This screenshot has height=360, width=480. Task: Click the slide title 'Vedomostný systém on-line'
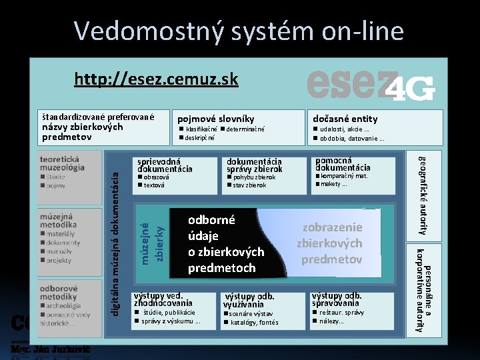coord(239,31)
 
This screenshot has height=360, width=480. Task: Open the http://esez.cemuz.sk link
coord(156,80)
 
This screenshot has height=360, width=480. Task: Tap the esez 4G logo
coord(371,85)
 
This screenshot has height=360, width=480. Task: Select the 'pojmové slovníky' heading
coord(215,119)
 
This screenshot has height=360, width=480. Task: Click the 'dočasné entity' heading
coord(345,119)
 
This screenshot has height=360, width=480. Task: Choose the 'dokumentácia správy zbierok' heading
coord(255,165)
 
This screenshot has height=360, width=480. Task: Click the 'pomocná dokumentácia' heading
coord(343,164)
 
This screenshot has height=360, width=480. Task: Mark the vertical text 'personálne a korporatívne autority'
coord(425,289)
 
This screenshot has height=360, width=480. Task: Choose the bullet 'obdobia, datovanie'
coord(352,139)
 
